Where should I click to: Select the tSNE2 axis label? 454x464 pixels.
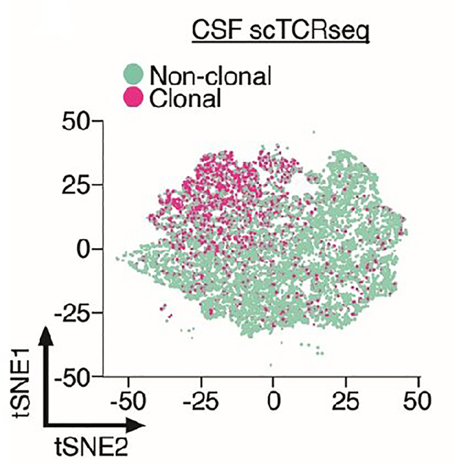click(88, 448)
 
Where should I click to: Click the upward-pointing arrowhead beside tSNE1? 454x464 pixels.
click(46, 335)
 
